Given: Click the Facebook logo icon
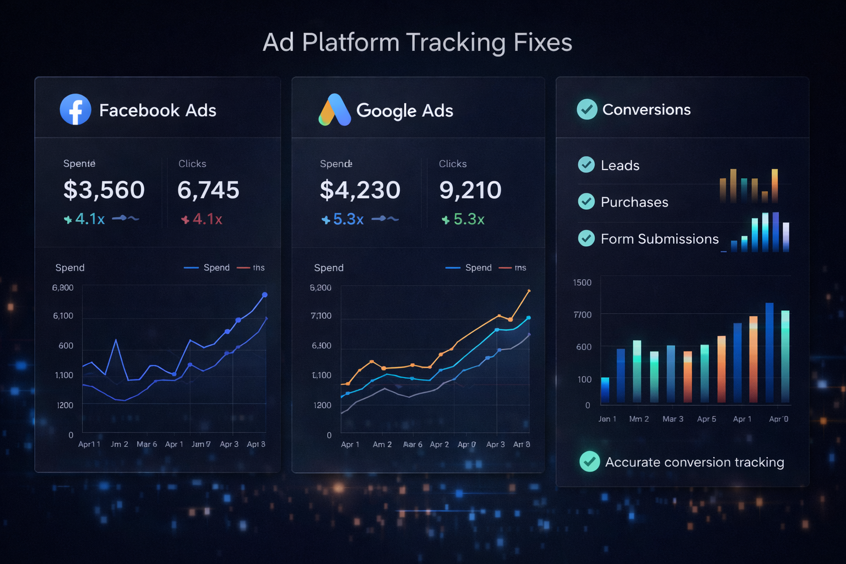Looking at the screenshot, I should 75,110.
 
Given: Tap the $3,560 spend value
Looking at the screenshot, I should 104,190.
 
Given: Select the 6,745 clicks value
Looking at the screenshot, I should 208,190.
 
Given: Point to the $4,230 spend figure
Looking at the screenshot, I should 360,190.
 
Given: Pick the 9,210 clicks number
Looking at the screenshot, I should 470,190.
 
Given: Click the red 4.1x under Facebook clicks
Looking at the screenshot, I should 202,219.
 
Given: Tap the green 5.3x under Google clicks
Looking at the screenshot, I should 463,219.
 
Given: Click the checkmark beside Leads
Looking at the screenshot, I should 586,165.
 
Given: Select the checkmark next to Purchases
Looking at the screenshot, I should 586,202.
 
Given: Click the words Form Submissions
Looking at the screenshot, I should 659,238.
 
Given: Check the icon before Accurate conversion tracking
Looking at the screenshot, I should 589,462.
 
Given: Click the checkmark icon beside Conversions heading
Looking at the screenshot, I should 587,109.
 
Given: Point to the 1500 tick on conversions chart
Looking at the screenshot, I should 582,283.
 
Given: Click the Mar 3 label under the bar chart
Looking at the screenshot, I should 673,419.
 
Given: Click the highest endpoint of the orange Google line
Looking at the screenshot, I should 529,290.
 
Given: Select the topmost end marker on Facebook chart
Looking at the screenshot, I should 265,295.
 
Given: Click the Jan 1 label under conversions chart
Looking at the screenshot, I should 607,419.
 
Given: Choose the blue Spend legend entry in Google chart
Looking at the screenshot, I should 469,268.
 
